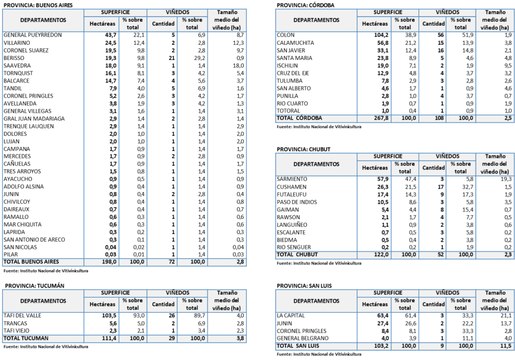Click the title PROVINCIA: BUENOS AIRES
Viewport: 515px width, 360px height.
click(38, 5)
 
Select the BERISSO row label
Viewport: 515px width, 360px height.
click(14, 58)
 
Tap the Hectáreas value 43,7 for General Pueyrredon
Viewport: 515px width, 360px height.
click(111, 35)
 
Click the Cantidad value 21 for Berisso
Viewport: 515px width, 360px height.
click(171, 58)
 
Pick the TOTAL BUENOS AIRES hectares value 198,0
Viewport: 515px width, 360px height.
click(109, 262)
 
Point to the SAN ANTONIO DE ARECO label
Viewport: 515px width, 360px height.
click(34, 240)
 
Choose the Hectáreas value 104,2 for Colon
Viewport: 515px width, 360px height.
click(381, 35)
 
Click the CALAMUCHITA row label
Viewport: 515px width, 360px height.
click(295, 43)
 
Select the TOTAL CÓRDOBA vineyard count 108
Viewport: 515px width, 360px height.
click(439, 118)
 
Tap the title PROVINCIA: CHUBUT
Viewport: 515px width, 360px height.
click(303, 149)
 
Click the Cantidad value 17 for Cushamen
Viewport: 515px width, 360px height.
click(441, 187)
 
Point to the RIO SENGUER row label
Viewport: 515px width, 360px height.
click(294, 247)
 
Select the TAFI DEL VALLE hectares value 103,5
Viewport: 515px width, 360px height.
click(109, 316)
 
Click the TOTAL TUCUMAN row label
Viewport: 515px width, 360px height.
click(26, 338)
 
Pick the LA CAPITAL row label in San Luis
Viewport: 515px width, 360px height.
click(291, 316)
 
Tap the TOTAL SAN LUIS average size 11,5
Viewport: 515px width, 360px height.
click(506, 346)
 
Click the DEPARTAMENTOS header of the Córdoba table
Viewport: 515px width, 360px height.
click(316, 20)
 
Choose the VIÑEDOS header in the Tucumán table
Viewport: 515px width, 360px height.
click(178, 293)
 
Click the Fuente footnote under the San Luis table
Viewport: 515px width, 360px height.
click(319, 354)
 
